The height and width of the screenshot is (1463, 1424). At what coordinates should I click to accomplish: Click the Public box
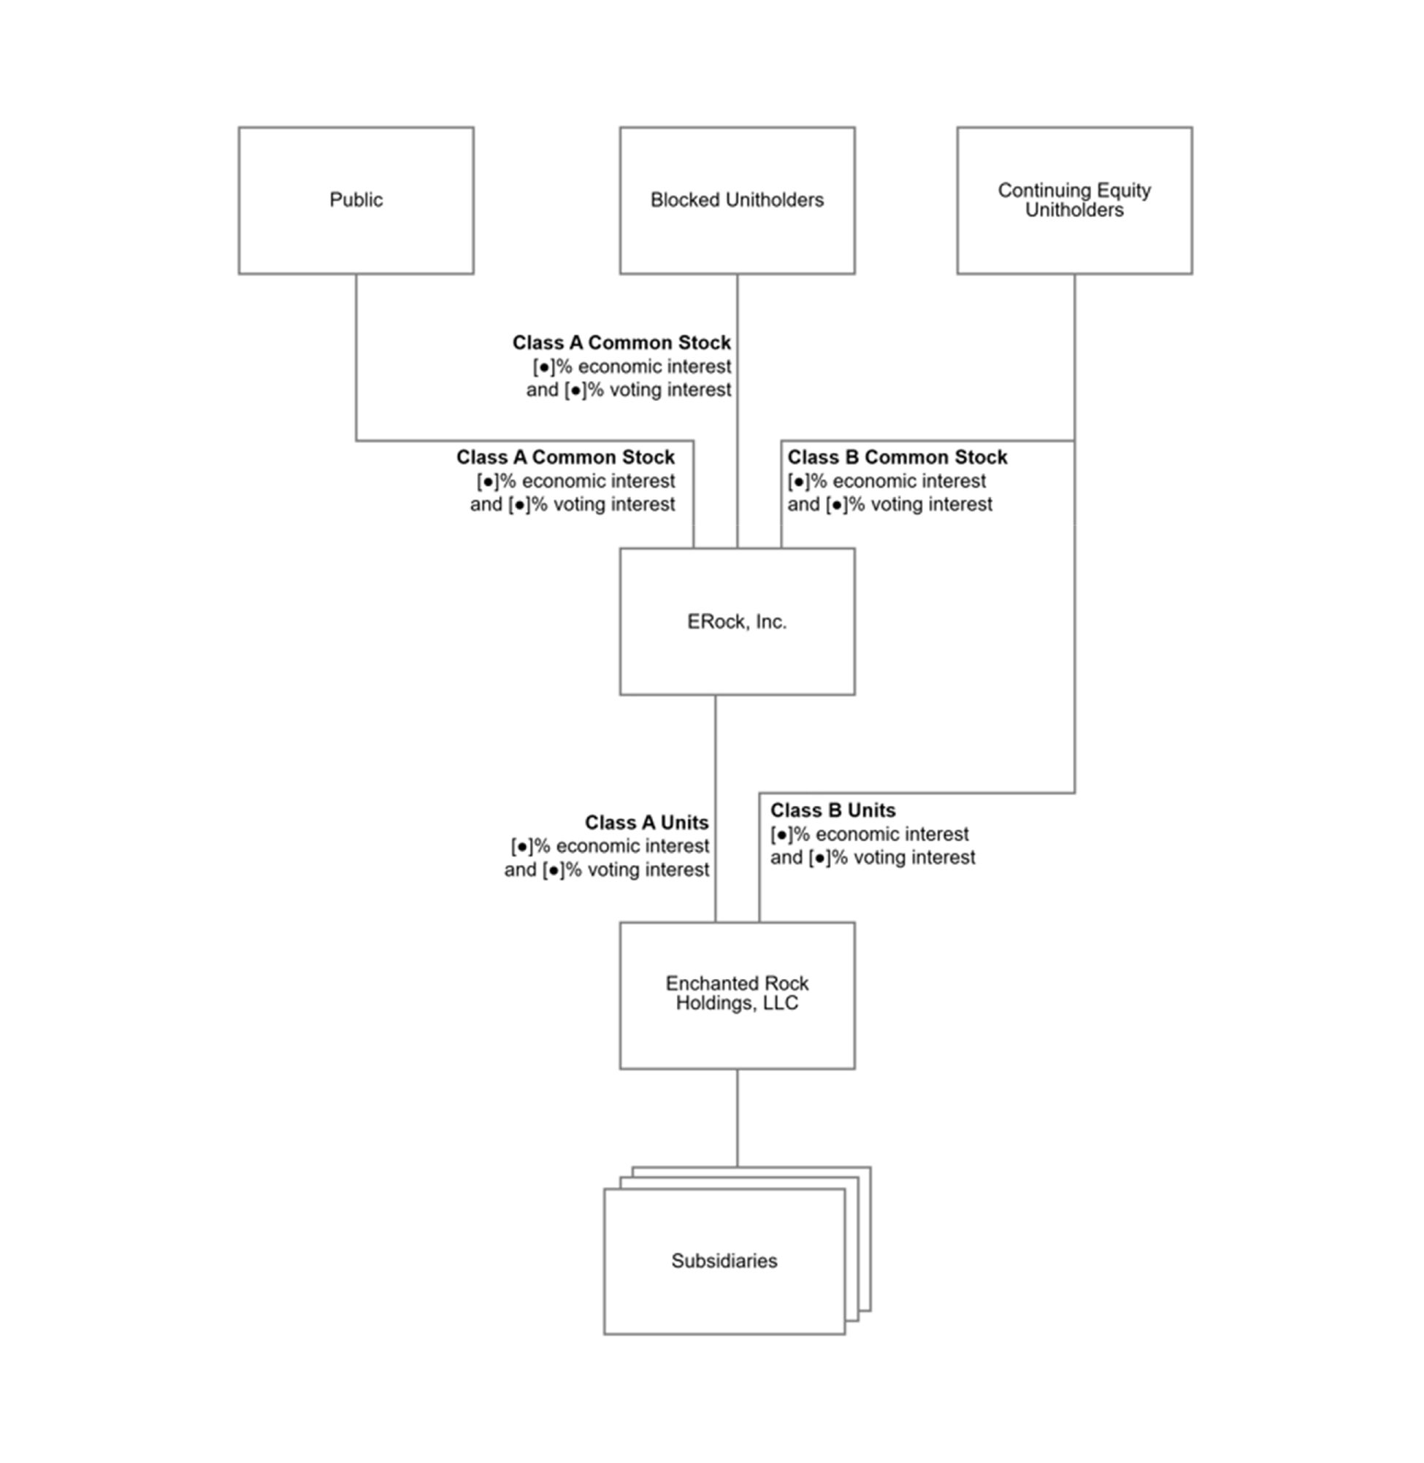356,200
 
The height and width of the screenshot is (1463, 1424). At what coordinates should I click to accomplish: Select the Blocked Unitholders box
737,200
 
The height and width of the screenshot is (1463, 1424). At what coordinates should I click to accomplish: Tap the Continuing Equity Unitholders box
1074,200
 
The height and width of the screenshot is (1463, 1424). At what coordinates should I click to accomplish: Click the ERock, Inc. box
737,621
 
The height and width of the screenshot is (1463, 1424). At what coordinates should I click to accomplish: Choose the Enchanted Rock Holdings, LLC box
737,995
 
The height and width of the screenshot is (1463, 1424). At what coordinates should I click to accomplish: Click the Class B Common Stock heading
897,457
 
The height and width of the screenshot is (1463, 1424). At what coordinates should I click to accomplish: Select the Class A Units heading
646,822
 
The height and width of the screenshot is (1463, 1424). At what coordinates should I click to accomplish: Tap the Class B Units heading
832,810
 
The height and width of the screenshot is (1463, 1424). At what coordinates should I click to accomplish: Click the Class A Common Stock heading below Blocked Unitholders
621,342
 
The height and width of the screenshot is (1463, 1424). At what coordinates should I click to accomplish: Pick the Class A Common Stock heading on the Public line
565,457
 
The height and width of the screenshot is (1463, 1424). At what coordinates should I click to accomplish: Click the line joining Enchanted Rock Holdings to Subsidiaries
737,1118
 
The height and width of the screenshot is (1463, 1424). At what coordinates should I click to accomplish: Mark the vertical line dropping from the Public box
356,357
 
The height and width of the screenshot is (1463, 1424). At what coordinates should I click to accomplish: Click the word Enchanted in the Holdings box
701,983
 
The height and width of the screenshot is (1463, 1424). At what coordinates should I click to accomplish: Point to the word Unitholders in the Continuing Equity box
1074,210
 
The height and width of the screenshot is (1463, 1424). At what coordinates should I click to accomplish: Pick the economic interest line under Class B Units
869,834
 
